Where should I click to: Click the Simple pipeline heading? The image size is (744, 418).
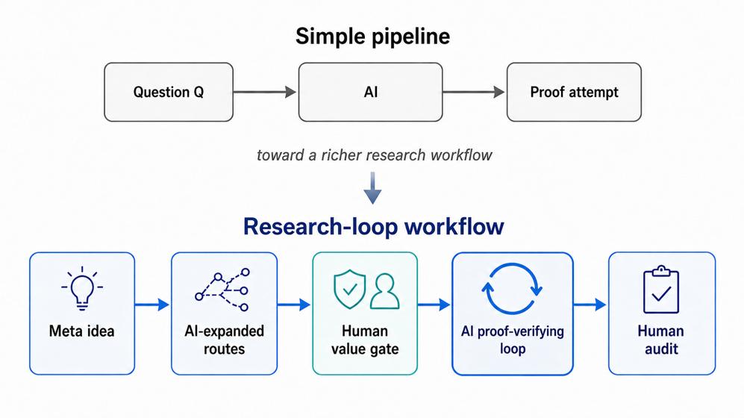click(372, 37)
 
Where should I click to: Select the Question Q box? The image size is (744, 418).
click(169, 92)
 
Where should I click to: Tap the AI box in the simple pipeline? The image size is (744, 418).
click(371, 92)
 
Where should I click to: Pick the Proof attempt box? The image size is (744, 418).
click(574, 92)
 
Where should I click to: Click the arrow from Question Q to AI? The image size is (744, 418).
click(265, 92)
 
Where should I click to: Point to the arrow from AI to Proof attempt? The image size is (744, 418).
click(474, 92)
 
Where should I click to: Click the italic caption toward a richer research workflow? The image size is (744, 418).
click(375, 155)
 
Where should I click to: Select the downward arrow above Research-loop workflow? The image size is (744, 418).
click(372, 188)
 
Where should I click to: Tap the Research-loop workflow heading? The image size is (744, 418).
click(373, 226)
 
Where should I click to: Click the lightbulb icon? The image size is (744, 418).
click(82, 287)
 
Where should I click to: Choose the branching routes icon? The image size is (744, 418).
click(222, 290)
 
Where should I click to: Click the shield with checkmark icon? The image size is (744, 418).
click(350, 289)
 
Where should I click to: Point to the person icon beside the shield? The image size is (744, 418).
click(385, 291)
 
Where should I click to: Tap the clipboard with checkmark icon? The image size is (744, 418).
click(661, 290)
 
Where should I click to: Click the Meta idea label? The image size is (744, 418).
click(81, 331)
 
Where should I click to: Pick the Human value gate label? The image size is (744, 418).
click(365, 340)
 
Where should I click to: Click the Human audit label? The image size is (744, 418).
click(661, 340)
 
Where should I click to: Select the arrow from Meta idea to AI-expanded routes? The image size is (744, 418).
click(152, 304)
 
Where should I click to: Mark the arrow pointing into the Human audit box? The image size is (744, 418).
click(590, 304)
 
